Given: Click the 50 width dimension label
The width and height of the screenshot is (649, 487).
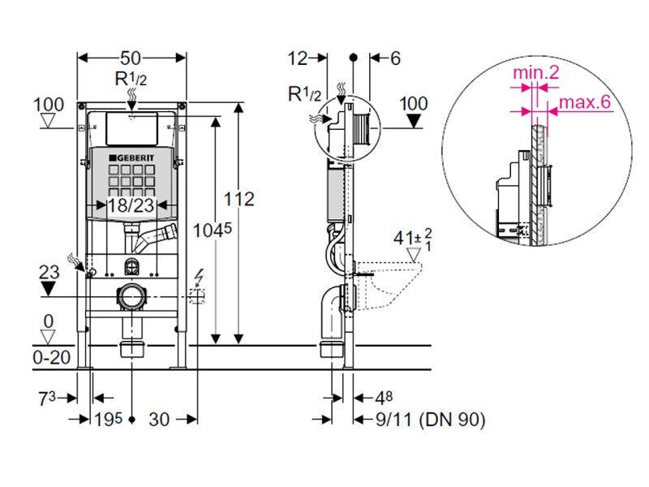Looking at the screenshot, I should [x=131, y=58].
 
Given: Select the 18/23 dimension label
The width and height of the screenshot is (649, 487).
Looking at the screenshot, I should [x=131, y=205].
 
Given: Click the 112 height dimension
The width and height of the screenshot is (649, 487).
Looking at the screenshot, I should [x=239, y=199].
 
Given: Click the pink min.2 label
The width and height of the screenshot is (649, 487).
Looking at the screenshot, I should [x=535, y=73].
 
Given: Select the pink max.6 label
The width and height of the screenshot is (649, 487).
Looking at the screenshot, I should [x=582, y=104].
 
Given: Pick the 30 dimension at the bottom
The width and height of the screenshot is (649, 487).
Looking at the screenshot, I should [x=159, y=419].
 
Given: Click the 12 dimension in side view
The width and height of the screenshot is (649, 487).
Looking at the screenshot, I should [x=299, y=58].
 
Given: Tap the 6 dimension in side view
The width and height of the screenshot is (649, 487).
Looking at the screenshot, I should [x=395, y=58].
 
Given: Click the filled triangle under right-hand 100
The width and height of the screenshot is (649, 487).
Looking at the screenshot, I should [x=414, y=121].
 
